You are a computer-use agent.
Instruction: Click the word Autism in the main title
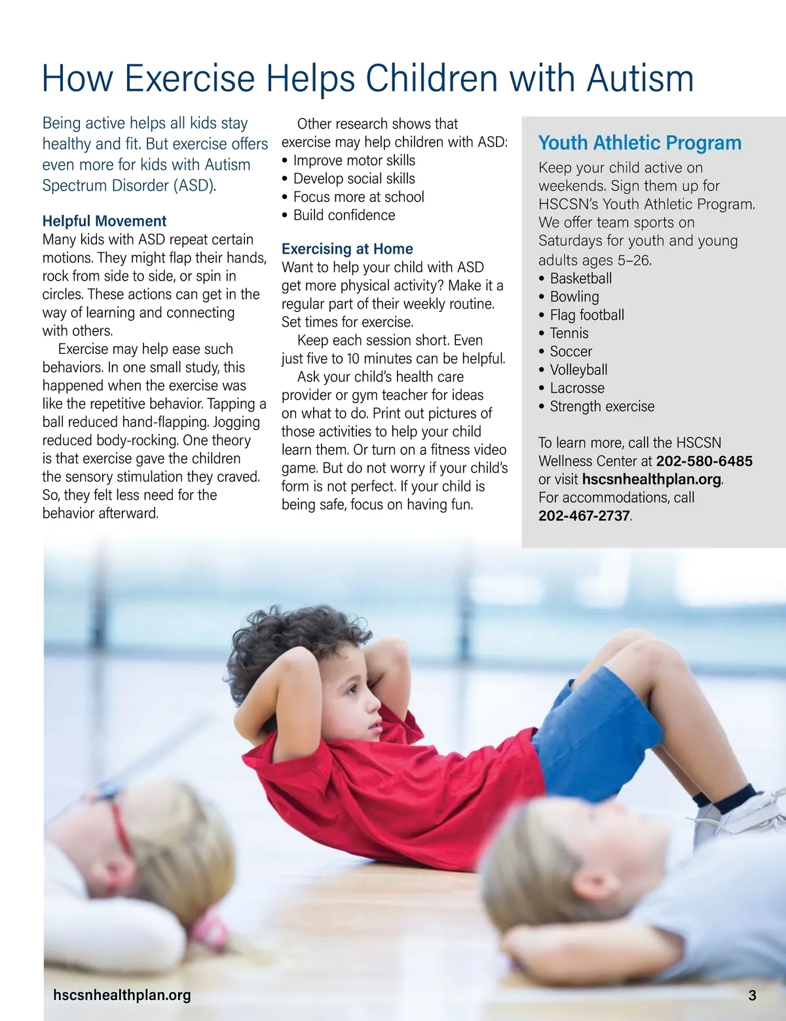(640, 79)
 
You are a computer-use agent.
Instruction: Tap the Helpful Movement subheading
(104, 221)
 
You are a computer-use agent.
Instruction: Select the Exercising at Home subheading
(347, 249)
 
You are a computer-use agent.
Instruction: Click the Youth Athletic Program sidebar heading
(639, 143)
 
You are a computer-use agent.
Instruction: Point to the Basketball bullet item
(580, 279)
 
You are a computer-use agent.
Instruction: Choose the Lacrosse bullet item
(577, 388)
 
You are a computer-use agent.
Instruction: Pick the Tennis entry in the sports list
(569, 333)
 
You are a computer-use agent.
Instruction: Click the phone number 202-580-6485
(704, 461)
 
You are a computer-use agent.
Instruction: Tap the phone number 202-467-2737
(584, 516)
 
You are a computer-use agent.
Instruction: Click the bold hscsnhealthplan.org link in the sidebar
(651, 479)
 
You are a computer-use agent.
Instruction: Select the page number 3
(752, 995)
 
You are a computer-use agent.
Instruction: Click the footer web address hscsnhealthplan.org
(122, 995)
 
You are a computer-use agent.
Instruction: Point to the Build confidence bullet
(344, 215)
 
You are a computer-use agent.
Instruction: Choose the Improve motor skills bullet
(354, 161)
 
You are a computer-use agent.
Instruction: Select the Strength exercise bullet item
(602, 406)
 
